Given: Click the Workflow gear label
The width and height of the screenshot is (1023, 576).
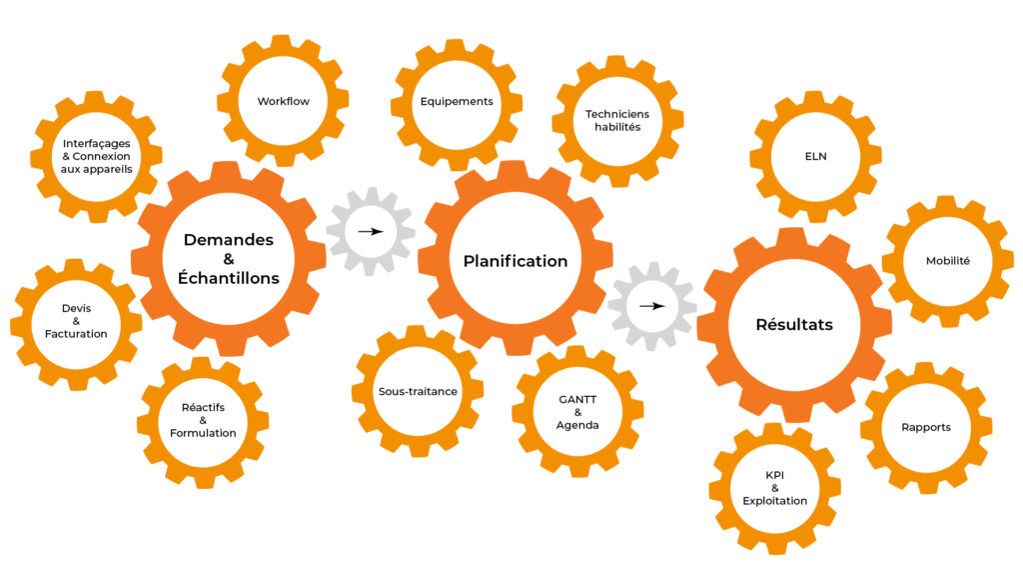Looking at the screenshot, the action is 283,101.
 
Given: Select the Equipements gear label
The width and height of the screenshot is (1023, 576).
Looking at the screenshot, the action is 457,101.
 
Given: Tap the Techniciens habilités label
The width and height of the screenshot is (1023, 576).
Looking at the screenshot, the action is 617,120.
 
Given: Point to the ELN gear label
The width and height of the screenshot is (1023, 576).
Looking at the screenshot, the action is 815,156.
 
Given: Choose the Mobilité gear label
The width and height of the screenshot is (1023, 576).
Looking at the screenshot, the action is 948,261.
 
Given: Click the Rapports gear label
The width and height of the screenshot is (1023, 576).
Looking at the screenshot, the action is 926,427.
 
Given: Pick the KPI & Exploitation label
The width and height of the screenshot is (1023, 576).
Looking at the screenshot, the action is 774,488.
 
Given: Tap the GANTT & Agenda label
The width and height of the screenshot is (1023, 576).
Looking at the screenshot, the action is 577,412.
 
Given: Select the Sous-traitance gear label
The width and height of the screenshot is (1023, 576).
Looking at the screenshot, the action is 418,391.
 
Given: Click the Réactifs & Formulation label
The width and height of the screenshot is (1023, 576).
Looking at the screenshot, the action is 203,420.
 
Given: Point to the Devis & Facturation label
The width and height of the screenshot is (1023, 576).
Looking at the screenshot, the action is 76,321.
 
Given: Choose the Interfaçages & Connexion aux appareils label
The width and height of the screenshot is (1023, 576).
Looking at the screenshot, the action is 97,156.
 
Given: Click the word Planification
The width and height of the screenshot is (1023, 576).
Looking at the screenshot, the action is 515,261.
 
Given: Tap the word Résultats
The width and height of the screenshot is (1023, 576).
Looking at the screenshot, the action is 794,325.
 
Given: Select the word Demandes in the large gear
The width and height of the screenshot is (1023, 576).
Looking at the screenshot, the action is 229,240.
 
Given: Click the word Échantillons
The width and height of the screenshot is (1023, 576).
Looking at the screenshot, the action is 229,278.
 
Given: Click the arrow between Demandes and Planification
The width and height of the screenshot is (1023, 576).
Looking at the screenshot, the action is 371,231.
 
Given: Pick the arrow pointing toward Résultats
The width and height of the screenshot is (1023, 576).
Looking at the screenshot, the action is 651,306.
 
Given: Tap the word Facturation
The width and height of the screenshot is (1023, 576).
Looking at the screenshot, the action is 76,334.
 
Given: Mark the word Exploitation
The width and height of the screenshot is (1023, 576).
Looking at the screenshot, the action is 774,501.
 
